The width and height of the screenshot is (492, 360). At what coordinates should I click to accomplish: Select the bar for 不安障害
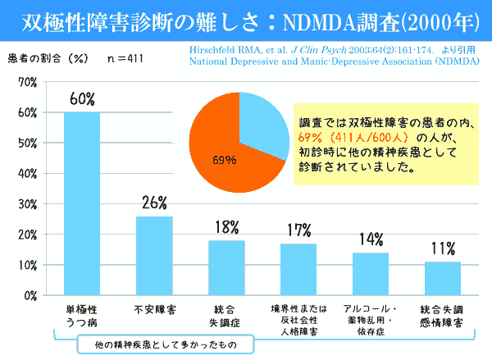coord(154,255)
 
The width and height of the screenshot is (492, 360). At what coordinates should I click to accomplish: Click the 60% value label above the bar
coord(82,99)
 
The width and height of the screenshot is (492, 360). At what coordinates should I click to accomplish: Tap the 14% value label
coord(371,239)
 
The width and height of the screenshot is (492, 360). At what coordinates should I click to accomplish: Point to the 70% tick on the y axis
coord(26,82)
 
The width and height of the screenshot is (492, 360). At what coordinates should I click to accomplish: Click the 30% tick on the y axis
coord(26,204)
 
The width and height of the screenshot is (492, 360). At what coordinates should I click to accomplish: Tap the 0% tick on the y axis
coord(30,295)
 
